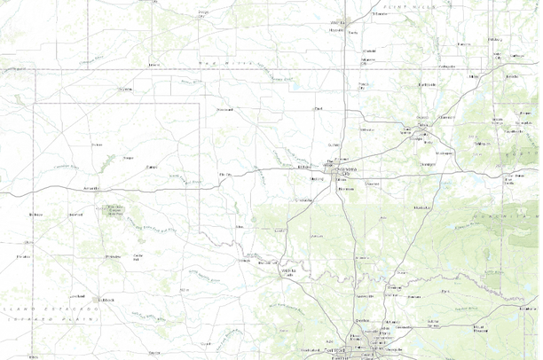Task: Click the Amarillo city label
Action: tap(90, 188)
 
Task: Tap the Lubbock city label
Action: tap(108, 299)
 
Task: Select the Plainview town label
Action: tap(113, 256)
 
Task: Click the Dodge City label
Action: tap(203, 14)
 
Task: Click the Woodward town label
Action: tap(224, 109)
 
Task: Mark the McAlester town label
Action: tap(414, 207)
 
